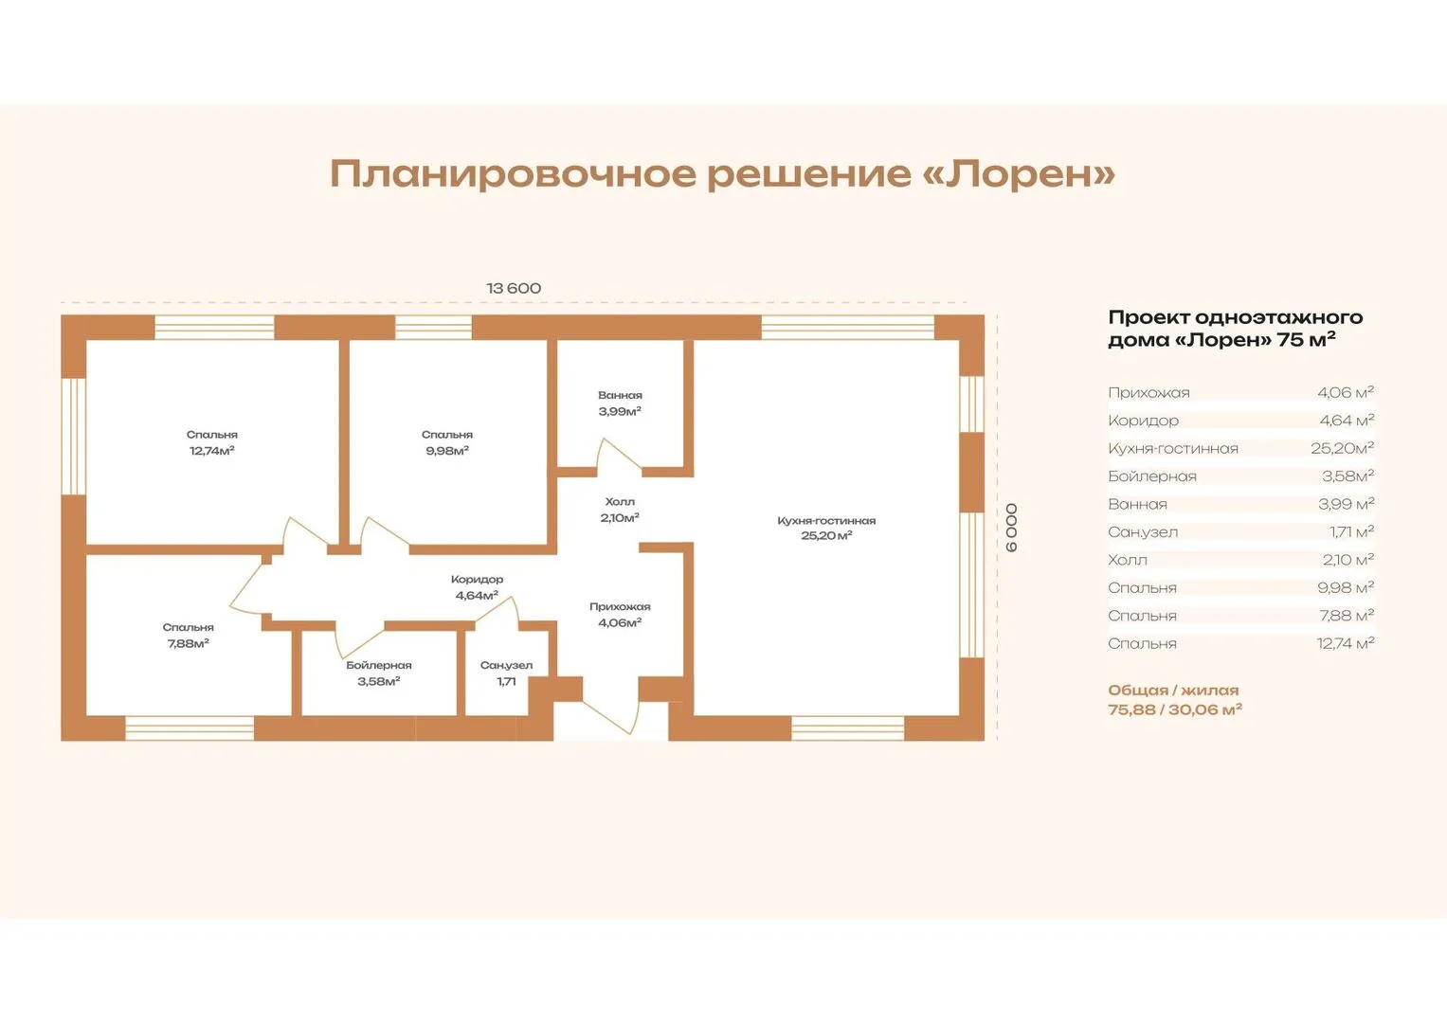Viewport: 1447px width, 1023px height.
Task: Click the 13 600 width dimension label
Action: pyautogui.click(x=514, y=288)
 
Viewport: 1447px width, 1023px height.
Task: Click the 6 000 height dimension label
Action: pyautogui.click(x=1012, y=528)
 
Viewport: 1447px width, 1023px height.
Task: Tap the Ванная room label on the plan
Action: pyautogui.click(x=620, y=395)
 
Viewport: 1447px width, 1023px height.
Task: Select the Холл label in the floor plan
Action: pyautogui.click(x=620, y=502)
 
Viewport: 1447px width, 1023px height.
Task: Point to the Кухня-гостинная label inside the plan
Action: pyautogui.click(x=826, y=521)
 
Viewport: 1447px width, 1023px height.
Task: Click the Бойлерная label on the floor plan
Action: pyautogui.click(x=378, y=665)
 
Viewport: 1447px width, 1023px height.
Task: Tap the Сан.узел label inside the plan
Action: pyautogui.click(x=506, y=665)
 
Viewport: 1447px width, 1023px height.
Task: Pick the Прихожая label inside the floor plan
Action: pyautogui.click(x=620, y=606)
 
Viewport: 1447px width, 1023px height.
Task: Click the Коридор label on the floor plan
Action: pyautogui.click(x=477, y=580)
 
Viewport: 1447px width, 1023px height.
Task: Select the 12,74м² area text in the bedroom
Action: pyautogui.click(x=212, y=451)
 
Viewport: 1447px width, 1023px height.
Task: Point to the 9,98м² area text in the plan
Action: pyautogui.click(x=447, y=451)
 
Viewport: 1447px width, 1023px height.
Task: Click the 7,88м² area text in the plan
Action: pyautogui.click(x=188, y=643)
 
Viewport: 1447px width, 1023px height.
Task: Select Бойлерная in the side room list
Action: pyautogui.click(x=1151, y=476)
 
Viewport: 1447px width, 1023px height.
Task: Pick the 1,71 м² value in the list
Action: pyautogui.click(x=1351, y=531)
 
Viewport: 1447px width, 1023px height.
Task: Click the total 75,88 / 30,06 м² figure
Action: pyautogui.click(x=1175, y=709)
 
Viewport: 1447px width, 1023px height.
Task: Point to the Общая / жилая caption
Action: pyautogui.click(x=1173, y=690)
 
